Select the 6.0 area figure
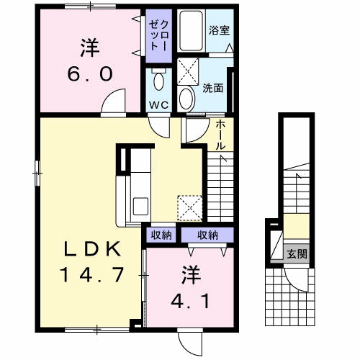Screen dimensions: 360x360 (90, 73)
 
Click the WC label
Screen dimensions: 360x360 (158, 104)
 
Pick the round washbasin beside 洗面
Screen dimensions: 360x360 (186, 97)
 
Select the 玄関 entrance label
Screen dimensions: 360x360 (297, 253)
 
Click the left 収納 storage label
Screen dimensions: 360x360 (161, 235)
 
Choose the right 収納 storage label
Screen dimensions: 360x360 (207, 235)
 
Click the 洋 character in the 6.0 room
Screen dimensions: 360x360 (90, 49)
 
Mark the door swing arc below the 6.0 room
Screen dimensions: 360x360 (112, 107)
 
